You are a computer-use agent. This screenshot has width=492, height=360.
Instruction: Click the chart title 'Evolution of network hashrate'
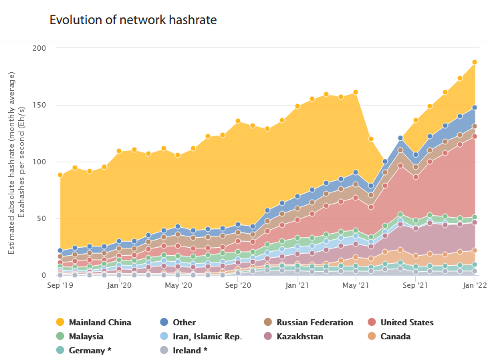[133, 20]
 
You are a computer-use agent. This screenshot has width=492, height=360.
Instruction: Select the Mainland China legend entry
[100, 323]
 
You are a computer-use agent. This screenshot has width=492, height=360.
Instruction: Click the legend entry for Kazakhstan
[299, 337]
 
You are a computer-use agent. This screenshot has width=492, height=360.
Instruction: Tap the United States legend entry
[406, 323]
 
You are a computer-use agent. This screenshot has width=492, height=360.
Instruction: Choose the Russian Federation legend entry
[314, 323]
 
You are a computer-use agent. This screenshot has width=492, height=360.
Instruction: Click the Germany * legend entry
[89, 351]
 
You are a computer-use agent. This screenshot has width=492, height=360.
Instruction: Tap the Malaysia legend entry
[86, 337]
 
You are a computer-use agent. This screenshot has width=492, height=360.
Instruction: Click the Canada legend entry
[395, 337]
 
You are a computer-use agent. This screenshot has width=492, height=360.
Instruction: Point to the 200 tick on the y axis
[39, 48]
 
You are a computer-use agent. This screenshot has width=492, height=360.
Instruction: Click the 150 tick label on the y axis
[39, 105]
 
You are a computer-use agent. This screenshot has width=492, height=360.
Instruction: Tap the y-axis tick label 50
[41, 218]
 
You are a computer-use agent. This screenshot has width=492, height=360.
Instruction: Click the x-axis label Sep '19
[60, 286]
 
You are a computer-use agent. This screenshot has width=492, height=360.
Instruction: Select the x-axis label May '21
[356, 286]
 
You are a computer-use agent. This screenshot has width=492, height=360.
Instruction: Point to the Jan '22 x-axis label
[474, 286]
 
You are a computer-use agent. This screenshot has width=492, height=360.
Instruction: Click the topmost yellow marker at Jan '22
[475, 62]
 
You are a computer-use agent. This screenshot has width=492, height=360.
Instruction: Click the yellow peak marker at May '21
[356, 92]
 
